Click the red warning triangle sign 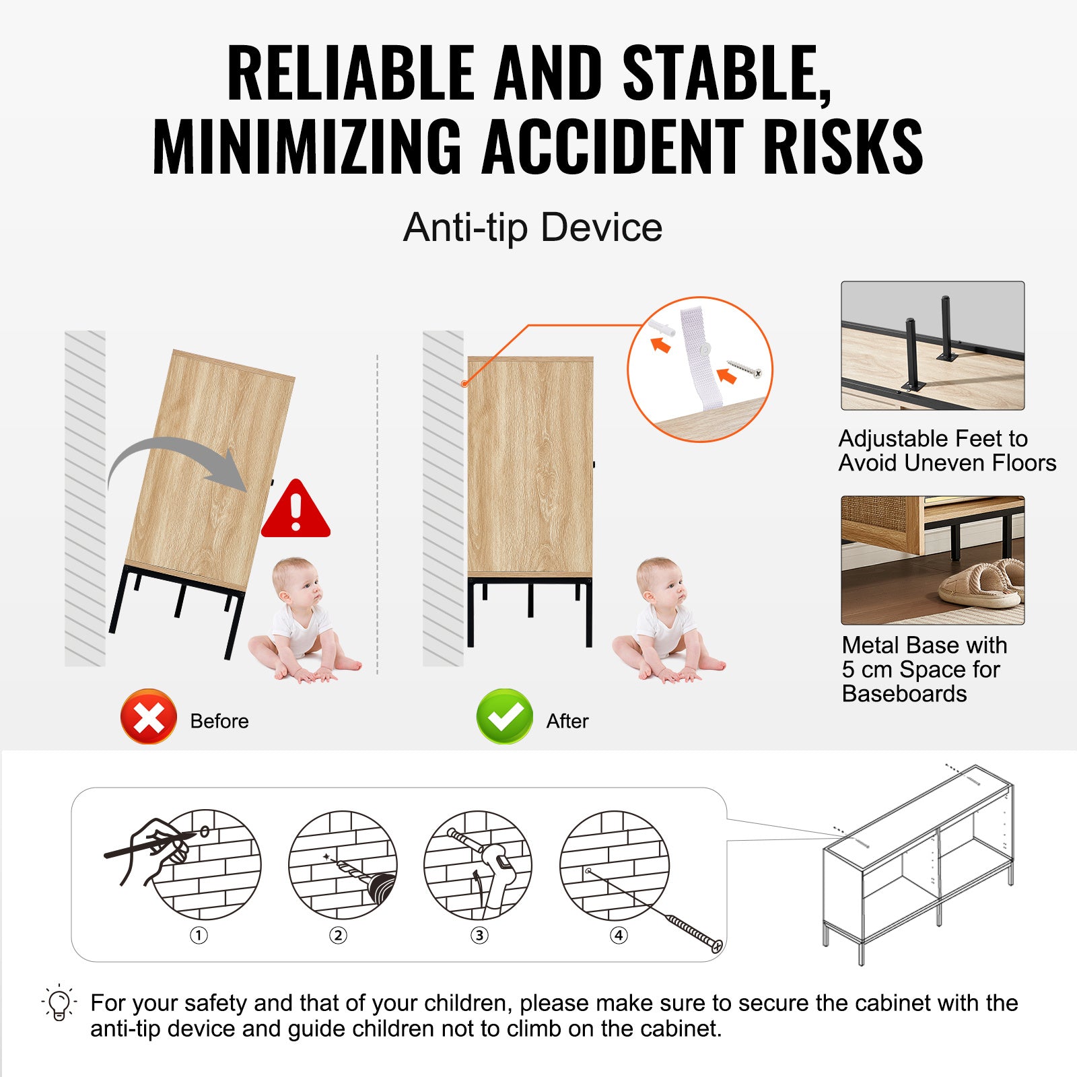(x=296, y=510)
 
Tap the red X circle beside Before (x=149, y=716)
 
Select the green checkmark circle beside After (x=504, y=716)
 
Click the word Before (x=219, y=721)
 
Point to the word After (x=567, y=721)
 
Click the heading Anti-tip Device (x=532, y=228)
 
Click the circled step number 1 (x=199, y=935)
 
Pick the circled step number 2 (x=338, y=935)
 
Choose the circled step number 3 (x=479, y=935)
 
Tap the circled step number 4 (x=619, y=935)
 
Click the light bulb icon (x=59, y=1003)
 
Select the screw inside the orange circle (x=744, y=369)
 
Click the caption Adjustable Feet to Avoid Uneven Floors (x=947, y=451)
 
